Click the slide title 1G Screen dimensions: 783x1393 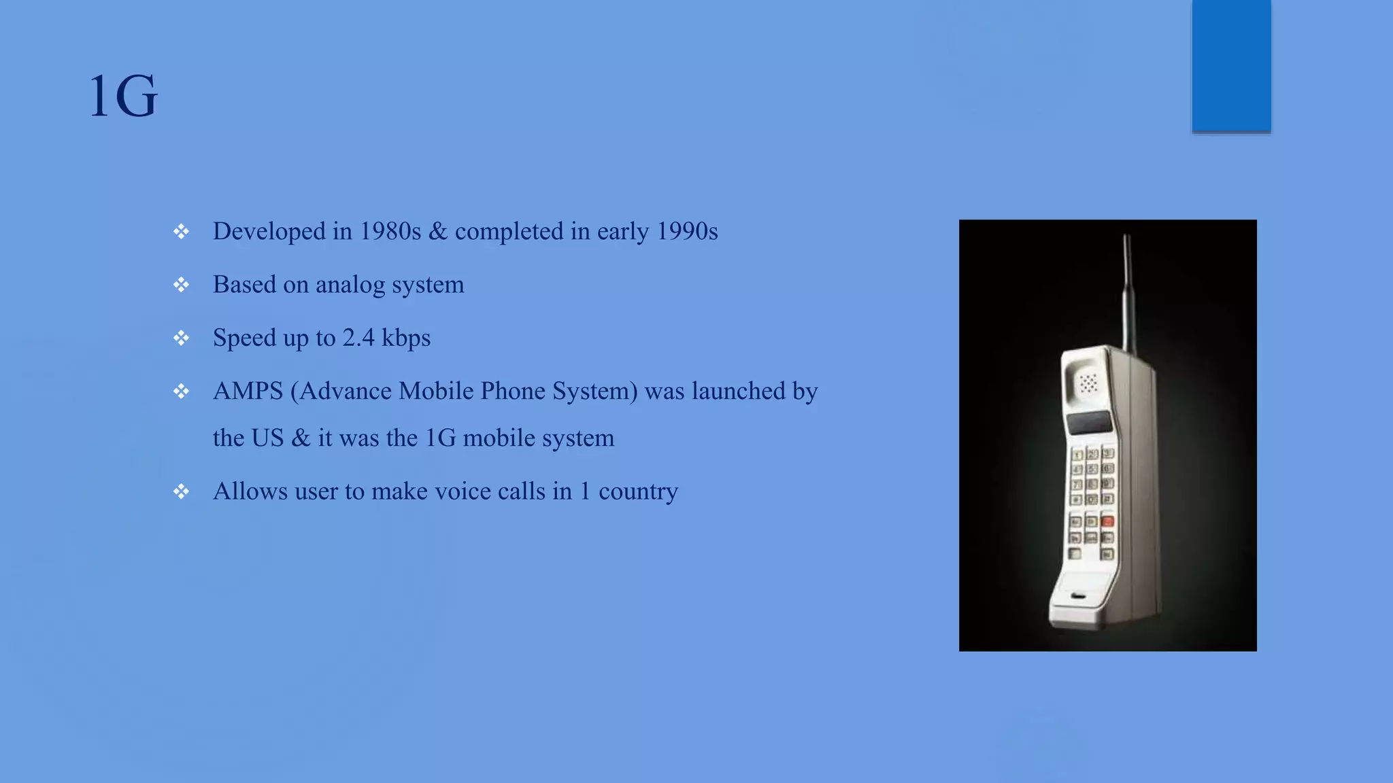tap(123, 97)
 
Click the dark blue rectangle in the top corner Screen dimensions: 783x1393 tap(1231, 65)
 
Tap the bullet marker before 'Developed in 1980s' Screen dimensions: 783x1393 tap(181, 232)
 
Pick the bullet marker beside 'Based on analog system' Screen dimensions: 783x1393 tap(181, 285)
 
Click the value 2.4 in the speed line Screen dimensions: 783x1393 tap(358, 338)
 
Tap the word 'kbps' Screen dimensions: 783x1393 tap(406, 338)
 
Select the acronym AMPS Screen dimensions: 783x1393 tap(248, 391)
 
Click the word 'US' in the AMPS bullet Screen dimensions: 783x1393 tap(267, 438)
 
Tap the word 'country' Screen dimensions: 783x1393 tap(638, 492)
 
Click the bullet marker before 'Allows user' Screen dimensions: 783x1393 tap(181, 491)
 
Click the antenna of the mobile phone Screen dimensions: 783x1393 tap(1128, 292)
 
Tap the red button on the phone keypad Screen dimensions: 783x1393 tap(1107, 521)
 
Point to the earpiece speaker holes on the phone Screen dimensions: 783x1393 tap(1088, 383)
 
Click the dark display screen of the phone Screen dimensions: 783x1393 tap(1089, 423)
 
